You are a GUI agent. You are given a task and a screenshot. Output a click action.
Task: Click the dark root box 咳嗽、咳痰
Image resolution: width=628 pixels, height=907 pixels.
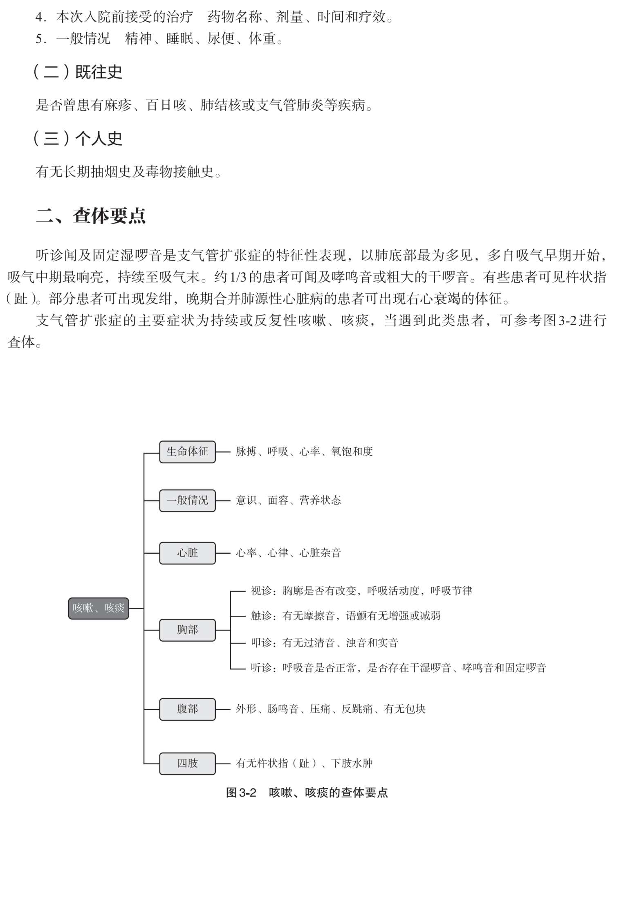click(99, 608)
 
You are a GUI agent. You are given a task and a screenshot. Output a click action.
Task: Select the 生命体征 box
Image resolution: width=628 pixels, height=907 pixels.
click(187, 451)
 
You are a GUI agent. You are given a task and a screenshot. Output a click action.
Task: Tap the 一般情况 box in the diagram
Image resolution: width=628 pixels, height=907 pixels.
click(187, 500)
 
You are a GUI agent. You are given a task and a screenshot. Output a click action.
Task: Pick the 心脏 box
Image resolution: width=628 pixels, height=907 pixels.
click(187, 553)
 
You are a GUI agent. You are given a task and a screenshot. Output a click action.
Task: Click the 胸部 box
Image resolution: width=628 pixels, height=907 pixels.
click(187, 630)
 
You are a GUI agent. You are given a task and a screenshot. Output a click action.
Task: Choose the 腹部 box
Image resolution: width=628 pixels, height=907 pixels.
click(187, 709)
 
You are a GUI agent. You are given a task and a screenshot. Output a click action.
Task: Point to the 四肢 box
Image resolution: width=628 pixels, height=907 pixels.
click(187, 763)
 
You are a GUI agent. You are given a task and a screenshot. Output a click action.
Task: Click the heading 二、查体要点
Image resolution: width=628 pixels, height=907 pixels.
click(91, 216)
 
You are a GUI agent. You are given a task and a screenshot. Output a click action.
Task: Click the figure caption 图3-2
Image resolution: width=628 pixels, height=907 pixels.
click(241, 793)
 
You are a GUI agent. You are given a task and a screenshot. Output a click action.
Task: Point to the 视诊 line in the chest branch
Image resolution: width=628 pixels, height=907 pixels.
click(361, 590)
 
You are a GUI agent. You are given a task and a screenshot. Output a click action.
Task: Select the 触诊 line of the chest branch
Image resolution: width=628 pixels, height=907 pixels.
click(345, 615)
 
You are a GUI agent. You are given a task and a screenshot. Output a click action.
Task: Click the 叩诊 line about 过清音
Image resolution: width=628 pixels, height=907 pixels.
click(324, 642)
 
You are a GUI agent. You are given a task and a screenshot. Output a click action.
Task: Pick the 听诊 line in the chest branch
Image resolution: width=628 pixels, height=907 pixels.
click(399, 668)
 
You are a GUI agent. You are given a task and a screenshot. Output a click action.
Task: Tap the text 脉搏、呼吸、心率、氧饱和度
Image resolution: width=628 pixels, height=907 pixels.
click(304, 451)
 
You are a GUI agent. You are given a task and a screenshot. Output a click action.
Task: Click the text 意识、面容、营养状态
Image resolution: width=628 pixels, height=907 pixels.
click(288, 500)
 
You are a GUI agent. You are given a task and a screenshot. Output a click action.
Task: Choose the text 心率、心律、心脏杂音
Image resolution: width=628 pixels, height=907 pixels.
click(288, 553)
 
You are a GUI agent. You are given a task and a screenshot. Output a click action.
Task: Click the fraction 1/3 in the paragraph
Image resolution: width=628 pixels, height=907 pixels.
click(238, 277)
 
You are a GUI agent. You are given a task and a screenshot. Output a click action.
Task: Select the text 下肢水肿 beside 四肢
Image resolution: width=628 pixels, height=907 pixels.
click(352, 763)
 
